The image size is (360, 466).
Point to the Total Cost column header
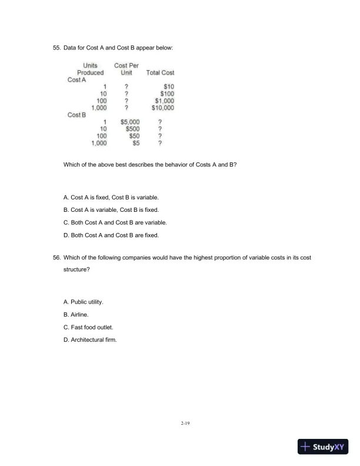(160, 73)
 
